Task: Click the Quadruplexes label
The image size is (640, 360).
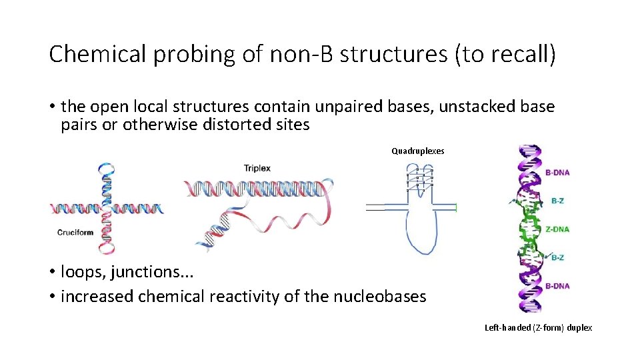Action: (417, 151)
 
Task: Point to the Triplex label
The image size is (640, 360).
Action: (257, 168)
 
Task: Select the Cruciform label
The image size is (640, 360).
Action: (74, 233)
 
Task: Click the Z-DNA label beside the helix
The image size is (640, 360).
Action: (557, 229)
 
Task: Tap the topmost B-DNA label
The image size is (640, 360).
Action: (557, 173)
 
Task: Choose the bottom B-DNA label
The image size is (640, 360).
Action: (557, 286)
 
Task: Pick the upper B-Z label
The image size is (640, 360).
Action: (557, 200)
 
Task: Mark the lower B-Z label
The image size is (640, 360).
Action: (557, 257)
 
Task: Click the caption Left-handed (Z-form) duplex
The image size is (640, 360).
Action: (538, 327)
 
